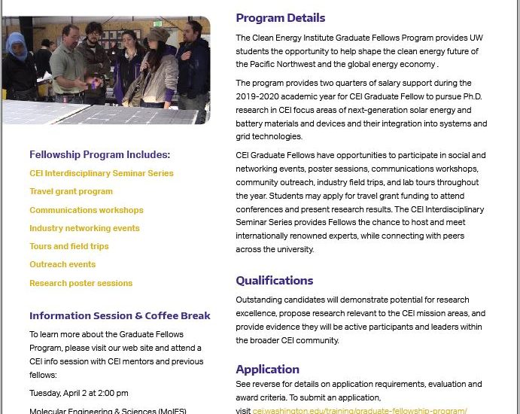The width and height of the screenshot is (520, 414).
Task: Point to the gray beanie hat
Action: pos(157,35)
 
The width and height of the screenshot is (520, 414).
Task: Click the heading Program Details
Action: pos(280,18)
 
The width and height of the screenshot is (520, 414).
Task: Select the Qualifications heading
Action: pos(274,281)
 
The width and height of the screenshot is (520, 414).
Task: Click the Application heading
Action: pos(267,369)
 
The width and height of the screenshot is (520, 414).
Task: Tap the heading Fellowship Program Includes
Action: pos(99,154)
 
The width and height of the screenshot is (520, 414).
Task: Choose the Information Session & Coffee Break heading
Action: pos(120,315)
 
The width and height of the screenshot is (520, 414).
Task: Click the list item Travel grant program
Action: pos(71,191)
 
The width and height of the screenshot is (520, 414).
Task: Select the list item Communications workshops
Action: pos(86,210)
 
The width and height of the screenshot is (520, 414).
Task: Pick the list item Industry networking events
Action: pos(84,228)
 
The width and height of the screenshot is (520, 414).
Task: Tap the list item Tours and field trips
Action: pos(68,246)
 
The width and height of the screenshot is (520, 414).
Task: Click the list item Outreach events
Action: pos(62,264)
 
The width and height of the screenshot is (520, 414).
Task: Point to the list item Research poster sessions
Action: pos(81,283)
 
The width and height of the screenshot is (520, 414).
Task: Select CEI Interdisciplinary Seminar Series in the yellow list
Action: pos(101,173)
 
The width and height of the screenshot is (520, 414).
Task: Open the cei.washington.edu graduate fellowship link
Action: pos(360,410)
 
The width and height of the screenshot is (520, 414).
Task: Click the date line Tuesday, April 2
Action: pos(78,393)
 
